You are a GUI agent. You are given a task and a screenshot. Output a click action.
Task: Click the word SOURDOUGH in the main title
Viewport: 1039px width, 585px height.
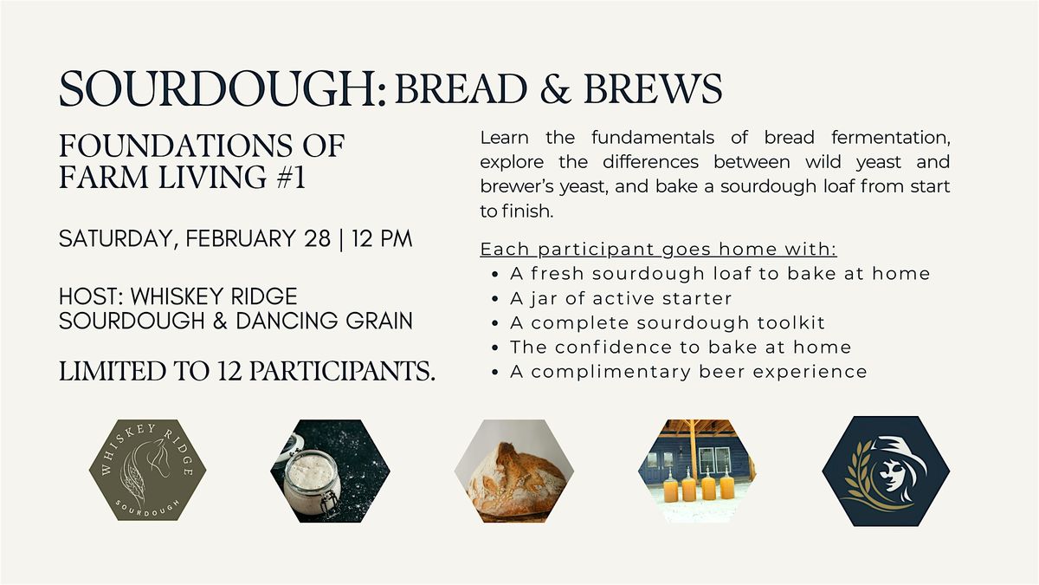(219, 88)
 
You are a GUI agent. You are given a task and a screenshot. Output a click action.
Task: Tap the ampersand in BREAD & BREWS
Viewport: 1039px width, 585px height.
(555, 88)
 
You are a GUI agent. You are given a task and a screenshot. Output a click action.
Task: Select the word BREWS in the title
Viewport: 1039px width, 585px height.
(653, 88)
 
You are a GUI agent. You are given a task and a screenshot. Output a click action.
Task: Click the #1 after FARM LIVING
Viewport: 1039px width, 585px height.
(291, 177)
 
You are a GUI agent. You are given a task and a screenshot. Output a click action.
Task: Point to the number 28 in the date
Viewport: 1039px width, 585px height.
(317, 238)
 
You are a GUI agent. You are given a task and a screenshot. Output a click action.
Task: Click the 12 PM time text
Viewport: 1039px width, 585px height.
(382, 238)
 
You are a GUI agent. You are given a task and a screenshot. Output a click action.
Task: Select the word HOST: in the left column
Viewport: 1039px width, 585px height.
(91, 296)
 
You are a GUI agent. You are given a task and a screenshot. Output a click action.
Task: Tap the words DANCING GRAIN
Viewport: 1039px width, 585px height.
(324, 321)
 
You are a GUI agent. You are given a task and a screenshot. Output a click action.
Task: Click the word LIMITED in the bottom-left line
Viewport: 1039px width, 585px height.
(113, 372)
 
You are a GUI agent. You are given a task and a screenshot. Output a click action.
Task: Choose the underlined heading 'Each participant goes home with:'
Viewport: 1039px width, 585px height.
(659, 250)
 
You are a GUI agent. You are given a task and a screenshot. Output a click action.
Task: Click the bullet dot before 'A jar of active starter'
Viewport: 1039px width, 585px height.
(495, 299)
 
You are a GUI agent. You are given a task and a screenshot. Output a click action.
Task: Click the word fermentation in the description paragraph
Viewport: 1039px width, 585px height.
(891, 138)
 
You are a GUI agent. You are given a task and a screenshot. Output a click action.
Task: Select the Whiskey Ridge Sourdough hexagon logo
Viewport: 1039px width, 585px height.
(147, 470)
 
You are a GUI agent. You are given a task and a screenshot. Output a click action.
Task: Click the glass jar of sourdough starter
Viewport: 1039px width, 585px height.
(312, 487)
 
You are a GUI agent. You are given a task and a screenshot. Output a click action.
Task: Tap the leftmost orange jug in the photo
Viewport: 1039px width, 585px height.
(669, 484)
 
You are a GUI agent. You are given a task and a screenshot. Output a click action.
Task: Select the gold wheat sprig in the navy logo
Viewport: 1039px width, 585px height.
(862, 478)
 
